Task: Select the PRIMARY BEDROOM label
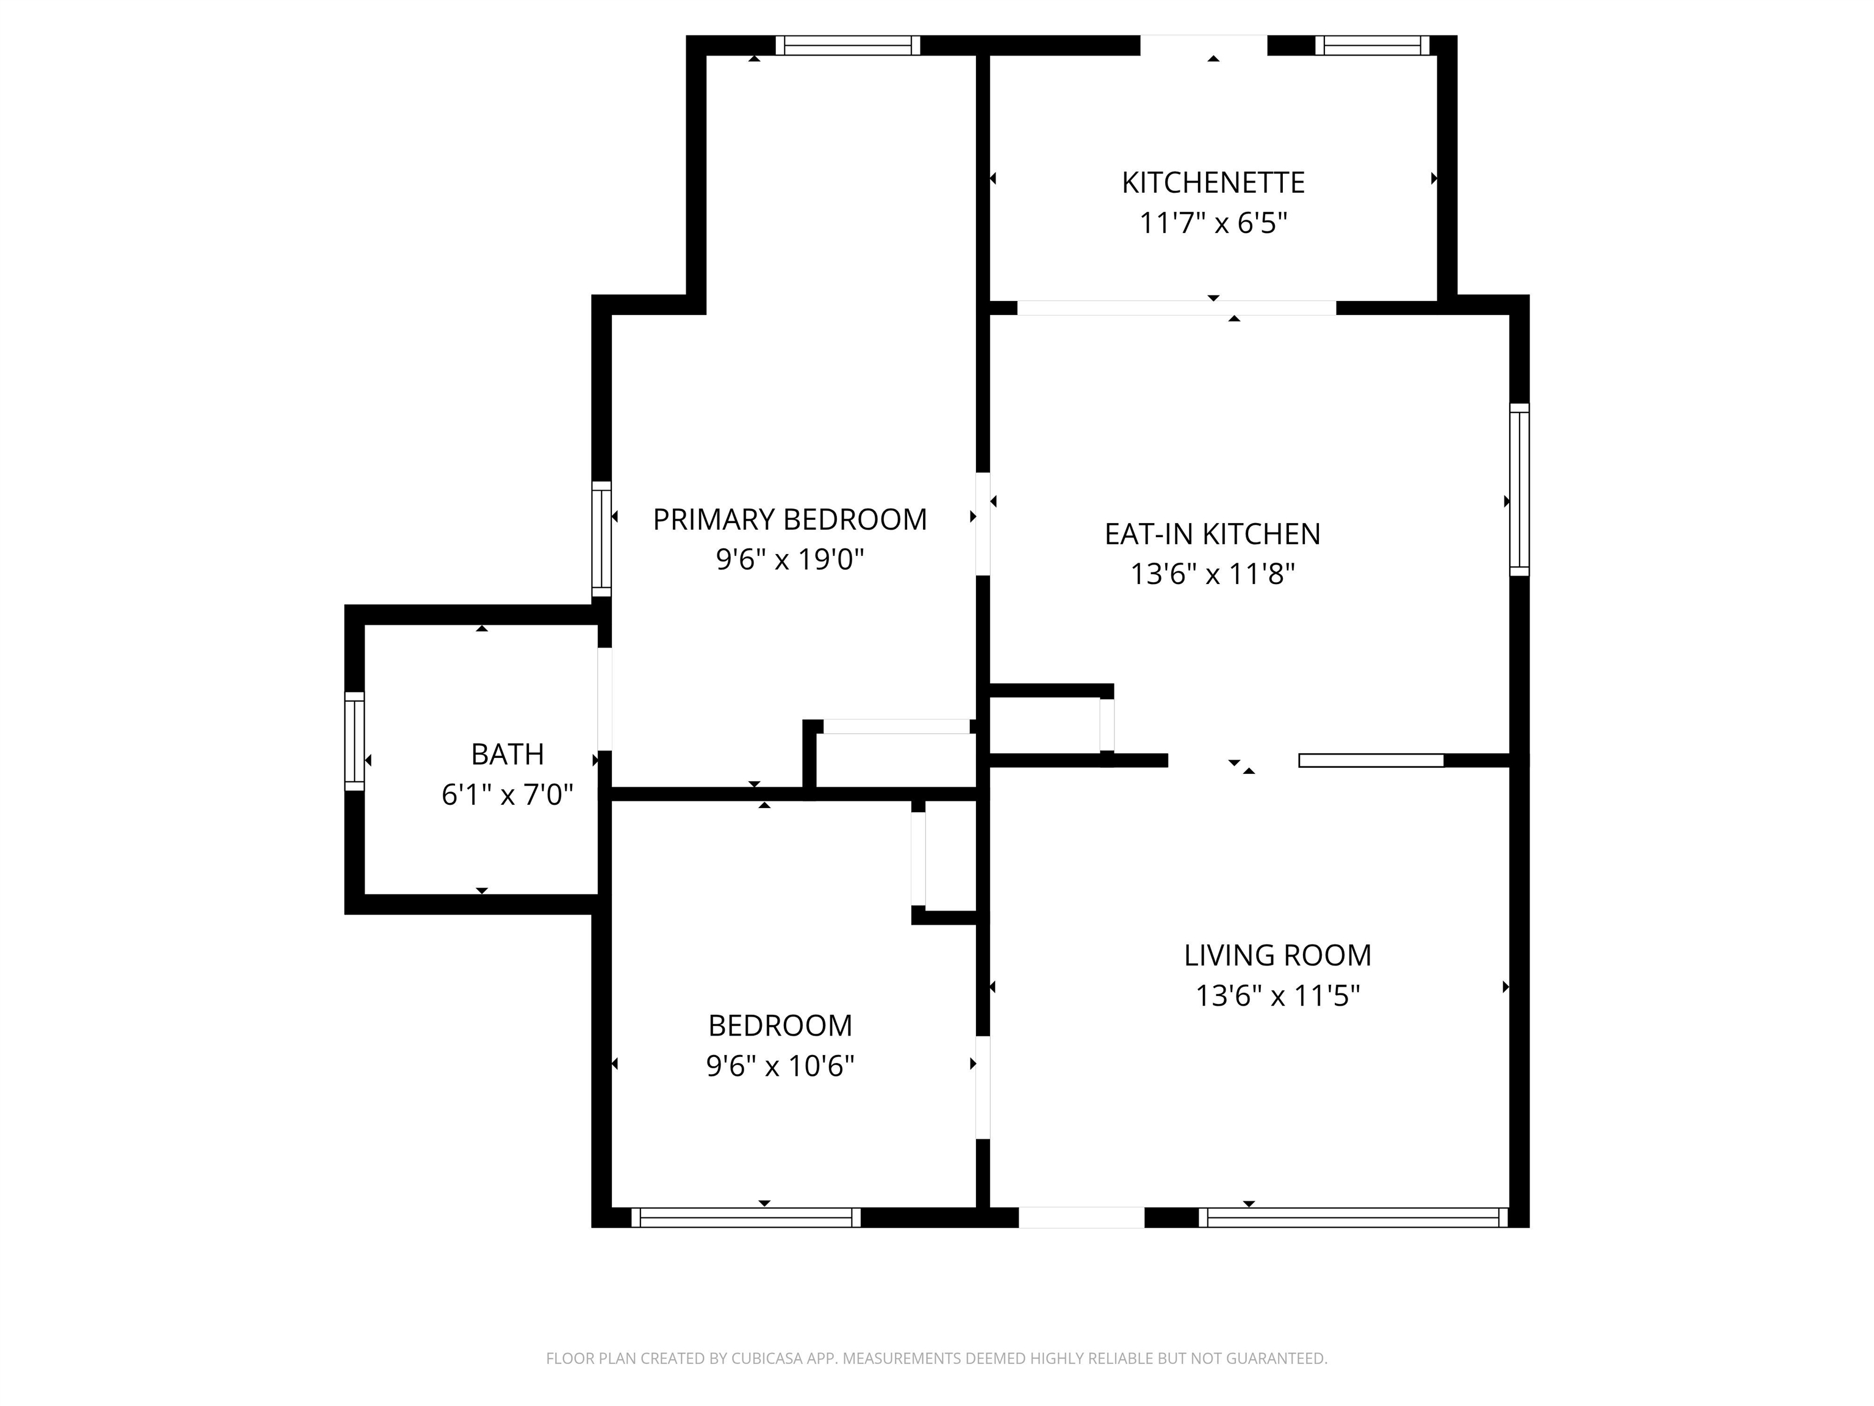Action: pos(789,519)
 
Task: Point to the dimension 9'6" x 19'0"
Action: pos(789,560)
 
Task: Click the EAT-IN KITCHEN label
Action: pos(1212,533)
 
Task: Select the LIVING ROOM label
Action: pos(1277,955)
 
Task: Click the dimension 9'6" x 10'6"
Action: pos(780,1065)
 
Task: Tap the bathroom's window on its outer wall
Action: pos(354,741)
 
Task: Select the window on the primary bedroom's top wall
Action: pos(847,45)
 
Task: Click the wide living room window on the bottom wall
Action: pos(1353,1218)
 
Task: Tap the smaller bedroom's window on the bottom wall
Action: pos(745,1218)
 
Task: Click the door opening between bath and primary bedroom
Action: pos(604,699)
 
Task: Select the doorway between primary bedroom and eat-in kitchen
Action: pos(983,524)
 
